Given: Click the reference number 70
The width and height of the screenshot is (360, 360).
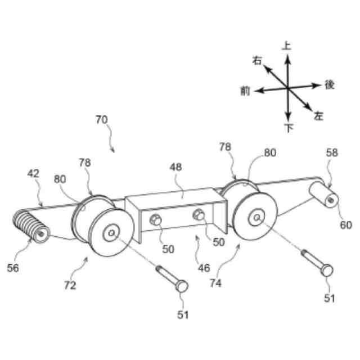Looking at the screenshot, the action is click(101, 120).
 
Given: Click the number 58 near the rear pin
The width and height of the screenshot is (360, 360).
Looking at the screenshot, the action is click(332, 153).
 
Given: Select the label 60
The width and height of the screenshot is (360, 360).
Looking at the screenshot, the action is click(345, 225).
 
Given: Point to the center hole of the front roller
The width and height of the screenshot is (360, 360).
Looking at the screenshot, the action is click(111, 231).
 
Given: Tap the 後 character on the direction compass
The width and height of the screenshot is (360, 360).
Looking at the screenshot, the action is click(330, 84).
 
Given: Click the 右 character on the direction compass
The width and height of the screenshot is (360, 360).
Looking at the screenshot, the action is click(258, 61).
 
